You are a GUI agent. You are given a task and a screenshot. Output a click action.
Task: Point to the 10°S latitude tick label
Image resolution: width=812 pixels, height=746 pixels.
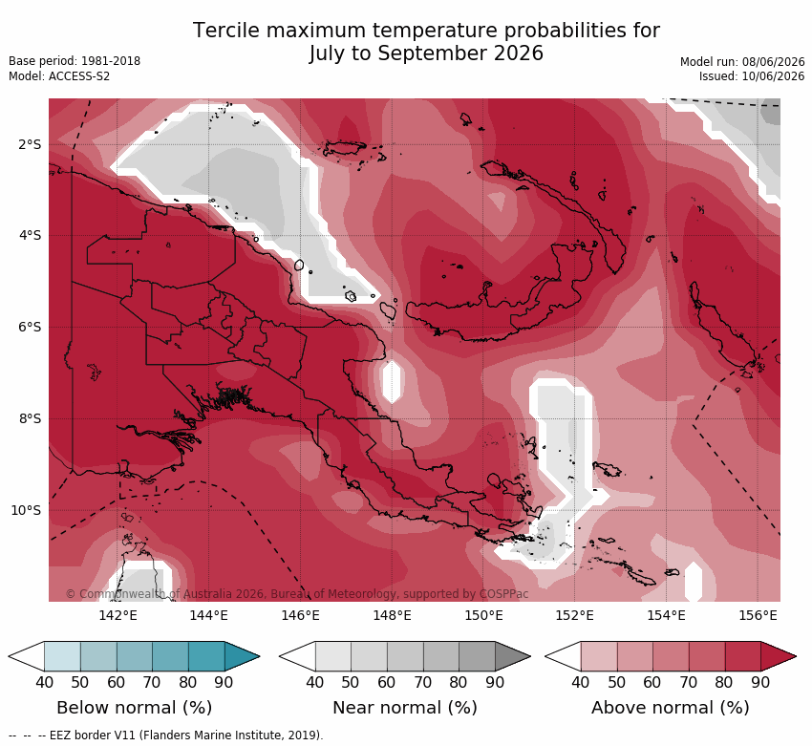pyautogui.click(x=26, y=510)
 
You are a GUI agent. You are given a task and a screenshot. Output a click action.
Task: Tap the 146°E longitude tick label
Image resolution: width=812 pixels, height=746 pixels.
pyautogui.click(x=300, y=615)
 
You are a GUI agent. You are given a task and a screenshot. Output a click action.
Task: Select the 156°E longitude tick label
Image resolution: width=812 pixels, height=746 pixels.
pyautogui.click(x=759, y=615)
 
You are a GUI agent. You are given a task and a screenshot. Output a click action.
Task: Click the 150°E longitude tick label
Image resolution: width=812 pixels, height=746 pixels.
pyautogui.click(x=483, y=615)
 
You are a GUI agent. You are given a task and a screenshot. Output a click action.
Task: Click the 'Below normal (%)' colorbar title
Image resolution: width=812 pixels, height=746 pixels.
pyautogui.click(x=134, y=708)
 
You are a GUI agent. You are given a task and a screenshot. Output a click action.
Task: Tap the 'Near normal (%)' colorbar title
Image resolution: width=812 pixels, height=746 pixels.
pyautogui.click(x=404, y=708)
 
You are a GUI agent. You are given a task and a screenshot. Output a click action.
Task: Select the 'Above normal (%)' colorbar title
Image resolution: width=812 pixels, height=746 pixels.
pyautogui.click(x=670, y=708)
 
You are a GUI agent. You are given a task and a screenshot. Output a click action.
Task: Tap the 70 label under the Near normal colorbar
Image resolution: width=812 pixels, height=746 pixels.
pyautogui.click(x=422, y=682)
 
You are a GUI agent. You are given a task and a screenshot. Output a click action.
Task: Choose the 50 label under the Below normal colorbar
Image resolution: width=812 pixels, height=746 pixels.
pyautogui.click(x=80, y=682)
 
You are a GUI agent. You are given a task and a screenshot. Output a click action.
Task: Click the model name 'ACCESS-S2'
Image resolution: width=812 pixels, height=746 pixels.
pyautogui.click(x=78, y=76)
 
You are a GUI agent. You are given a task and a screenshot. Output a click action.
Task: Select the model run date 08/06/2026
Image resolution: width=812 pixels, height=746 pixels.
pyautogui.click(x=773, y=61)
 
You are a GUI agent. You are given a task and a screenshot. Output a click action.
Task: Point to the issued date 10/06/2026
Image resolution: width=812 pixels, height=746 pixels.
pyautogui.click(x=773, y=76)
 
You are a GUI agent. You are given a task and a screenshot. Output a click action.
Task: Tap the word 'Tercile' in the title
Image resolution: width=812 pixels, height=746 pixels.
pyautogui.click(x=225, y=31)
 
